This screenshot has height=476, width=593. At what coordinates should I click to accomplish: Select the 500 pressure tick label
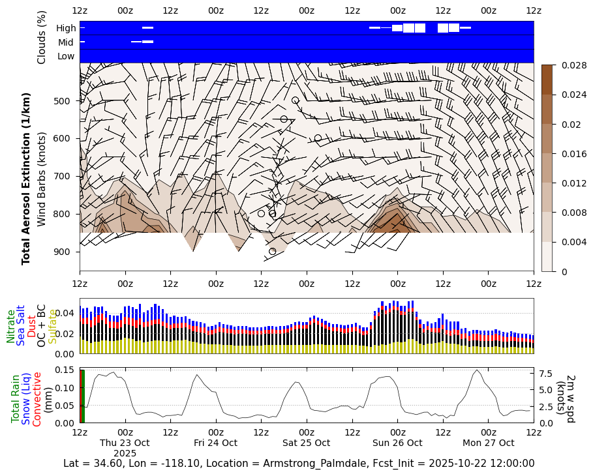click(66, 101)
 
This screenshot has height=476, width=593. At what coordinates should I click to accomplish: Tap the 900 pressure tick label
click(66, 252)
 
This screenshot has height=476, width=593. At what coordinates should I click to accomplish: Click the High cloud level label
click(66, 28)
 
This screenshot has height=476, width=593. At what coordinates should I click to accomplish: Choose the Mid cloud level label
click(66, 42)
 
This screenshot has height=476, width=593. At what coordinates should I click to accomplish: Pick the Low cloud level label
click(66, 56)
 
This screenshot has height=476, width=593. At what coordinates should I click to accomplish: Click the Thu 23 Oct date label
click(125, 443)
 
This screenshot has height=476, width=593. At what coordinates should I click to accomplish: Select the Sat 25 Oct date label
click(306, 443)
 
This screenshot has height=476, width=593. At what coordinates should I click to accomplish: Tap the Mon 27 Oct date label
click(488, 443)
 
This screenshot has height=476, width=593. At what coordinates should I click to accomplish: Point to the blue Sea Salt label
click(21, 325)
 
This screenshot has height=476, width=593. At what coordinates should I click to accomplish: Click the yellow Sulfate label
click(52, 326)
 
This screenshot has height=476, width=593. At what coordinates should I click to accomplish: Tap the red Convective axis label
click(37, 398)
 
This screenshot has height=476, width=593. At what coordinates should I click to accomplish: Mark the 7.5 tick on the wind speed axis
click(547, 373)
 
